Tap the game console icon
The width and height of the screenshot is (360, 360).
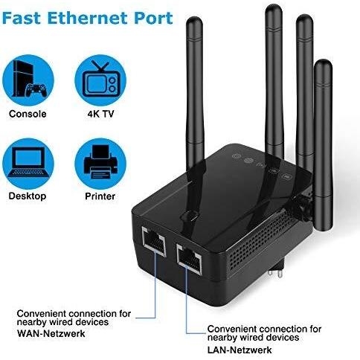coord(28,80)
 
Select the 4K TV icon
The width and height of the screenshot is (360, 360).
coord(100,80)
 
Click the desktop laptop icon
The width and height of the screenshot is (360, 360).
coord(28,164)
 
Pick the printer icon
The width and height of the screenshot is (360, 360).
coord(100,164)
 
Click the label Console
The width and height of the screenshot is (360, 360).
coord(28,114)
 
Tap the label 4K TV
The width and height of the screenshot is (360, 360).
coord(100,114)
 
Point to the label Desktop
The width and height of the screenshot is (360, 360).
coord(28,196)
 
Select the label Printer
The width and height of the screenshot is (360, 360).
coord(100,196)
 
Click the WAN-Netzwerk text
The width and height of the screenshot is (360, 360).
coord(51,333)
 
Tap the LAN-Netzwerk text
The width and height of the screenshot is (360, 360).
coord(240,350)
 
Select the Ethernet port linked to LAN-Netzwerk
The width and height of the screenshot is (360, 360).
coord(189,259)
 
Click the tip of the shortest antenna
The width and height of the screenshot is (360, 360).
coord(323,61)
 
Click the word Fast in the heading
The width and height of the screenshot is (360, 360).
coord(22,18)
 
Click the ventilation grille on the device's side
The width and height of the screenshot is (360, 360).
coord(260,238)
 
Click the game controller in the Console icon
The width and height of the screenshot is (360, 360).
coord(36,90)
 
